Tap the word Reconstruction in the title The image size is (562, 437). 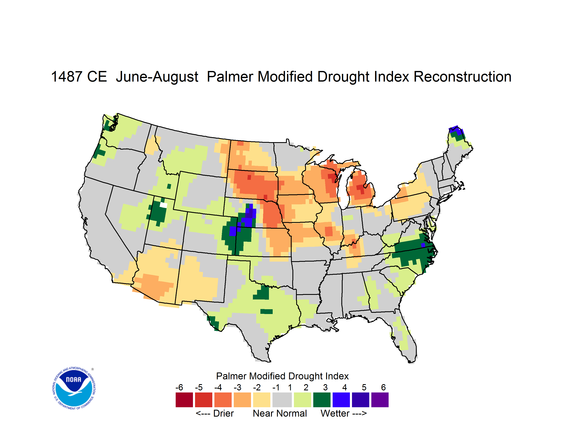(x=463, y=77)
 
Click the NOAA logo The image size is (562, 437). (x=74, y=388)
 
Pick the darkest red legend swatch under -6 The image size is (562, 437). (x=184, y=400)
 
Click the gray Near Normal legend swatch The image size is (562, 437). (x=282, y=400)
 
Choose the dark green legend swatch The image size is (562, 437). (x=322, y=400)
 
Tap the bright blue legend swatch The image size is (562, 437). (x=341, y=400)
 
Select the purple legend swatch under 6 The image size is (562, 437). (x=380, y=400)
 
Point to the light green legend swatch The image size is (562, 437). (x=302, y=400)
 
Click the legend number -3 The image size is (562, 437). (x=237, y=387)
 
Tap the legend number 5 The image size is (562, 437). (x=364, y=387)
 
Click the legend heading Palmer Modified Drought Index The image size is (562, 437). (x=282, y=376)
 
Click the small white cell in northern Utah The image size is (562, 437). (x=163, y=205)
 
